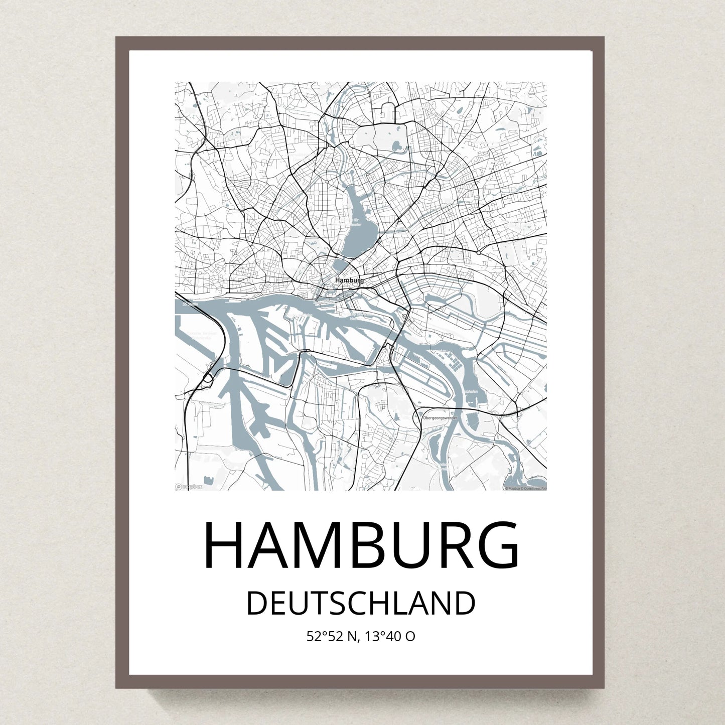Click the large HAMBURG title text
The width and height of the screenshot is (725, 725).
click(361, 545)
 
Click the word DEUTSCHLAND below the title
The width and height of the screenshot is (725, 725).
click(361, 604)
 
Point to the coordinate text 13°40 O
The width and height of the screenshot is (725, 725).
click(390, 637)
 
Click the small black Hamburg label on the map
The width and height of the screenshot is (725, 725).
click(350, 280)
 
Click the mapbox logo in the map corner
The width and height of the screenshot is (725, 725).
click(189, 486)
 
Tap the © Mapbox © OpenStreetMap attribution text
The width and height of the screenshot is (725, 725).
click(525, 488)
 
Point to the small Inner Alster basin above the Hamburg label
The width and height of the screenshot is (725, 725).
click(342, 266)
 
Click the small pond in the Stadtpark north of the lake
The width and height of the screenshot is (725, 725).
click(397, 147)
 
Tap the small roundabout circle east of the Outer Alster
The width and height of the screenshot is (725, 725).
click(480, 252)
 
